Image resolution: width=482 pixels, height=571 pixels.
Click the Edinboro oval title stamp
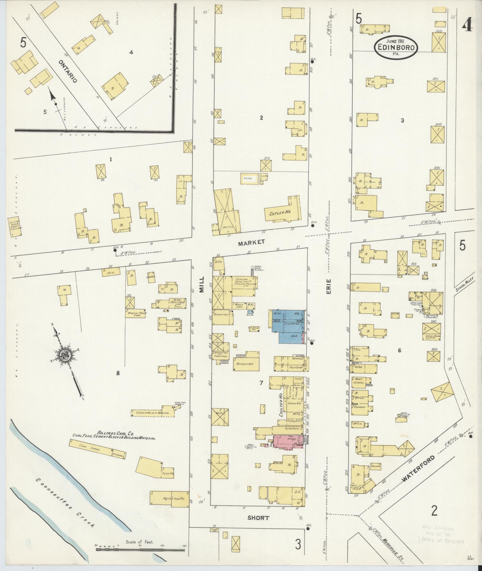[396, 47]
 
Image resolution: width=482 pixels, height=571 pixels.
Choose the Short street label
[258, 518]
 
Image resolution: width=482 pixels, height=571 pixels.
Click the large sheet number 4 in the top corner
[467, 26]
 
